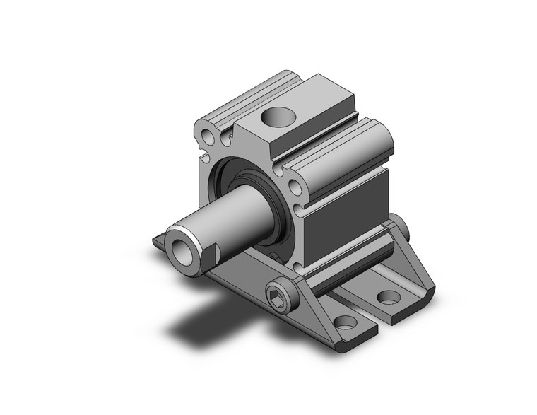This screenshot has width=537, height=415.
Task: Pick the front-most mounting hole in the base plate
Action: [x=345, y=323]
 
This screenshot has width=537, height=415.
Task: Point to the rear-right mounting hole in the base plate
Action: [x=388, y=296]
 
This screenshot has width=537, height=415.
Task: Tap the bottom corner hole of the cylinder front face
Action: [x=298, y=268]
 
